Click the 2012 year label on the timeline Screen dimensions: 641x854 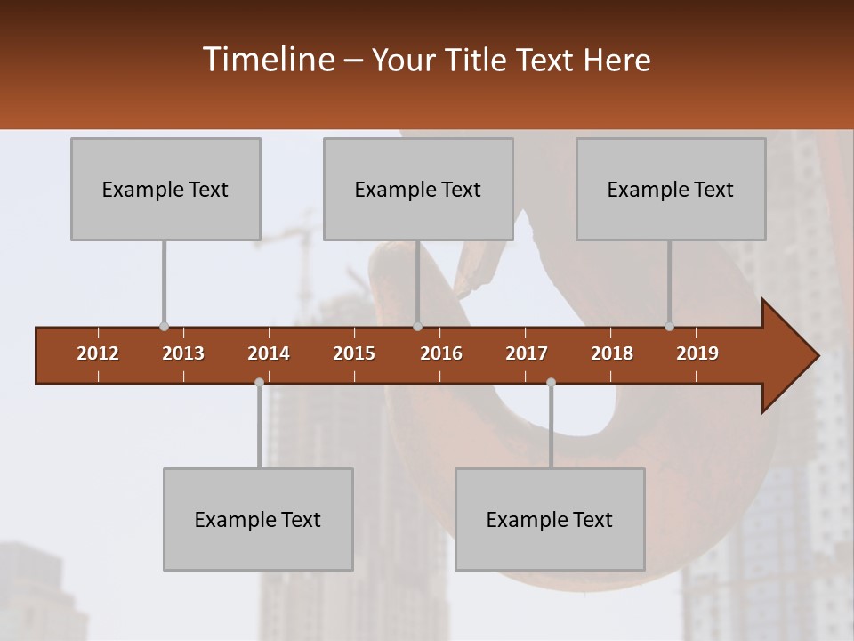pyautogui.click(x=98, y=353)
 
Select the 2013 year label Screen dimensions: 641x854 pyautogui.click(x=183, y=353)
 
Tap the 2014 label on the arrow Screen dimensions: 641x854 pyautogui.click(x=269, y=353)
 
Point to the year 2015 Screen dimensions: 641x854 pyautogui.click(x=354, y=353)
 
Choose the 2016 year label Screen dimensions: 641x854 pyautogui.click(x=441, y=353)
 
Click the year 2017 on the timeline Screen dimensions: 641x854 pyautogui.click(x=527, y=353)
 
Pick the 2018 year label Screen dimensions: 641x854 pyautogui.click(x=612, y=353)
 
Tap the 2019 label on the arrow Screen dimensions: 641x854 pyautogui.click(x=697, y=353)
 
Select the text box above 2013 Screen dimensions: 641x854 pyautogui.click(x=165, y=189)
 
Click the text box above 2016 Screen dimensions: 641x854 pyautogui.click(x=418, y=189)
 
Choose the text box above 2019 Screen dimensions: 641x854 pyautogui.click(x=671, y=189)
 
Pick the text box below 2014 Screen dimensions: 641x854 pyautogui.click(x=258, y=519)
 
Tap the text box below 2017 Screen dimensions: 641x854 pyautogui.click(x=550, y=519)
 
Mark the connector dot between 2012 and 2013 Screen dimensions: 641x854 pyautogui.click(x=164, y=327)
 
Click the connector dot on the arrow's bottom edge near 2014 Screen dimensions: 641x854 pyautogui.click(x=259, y=382)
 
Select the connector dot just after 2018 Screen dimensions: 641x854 pyautogui.click(x=669, y=327)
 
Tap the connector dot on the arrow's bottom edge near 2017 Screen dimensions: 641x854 pyautogui.click(x=551, y=382)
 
